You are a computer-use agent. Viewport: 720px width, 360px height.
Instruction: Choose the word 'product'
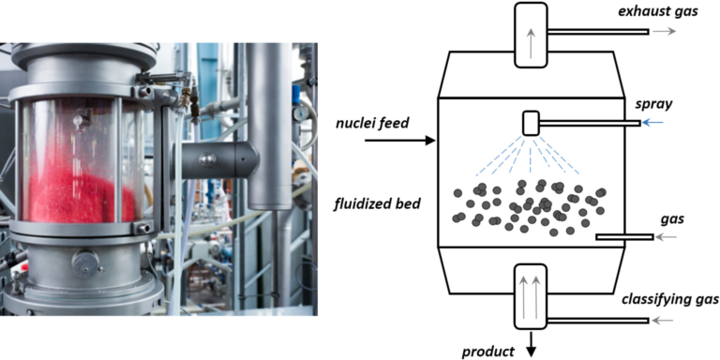click(488, 352)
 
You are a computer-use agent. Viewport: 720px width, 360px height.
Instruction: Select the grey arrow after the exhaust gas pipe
click(663, 31)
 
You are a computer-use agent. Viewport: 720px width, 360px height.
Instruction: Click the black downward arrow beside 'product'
click(532, 348)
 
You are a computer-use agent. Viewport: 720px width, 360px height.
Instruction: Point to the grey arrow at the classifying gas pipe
click(663, 322)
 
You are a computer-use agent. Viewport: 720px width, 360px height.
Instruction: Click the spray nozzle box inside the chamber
click(532, 123)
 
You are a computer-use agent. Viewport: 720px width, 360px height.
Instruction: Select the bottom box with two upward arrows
click(532, 292)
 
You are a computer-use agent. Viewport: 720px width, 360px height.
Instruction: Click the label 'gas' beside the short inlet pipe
click(645, 219)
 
